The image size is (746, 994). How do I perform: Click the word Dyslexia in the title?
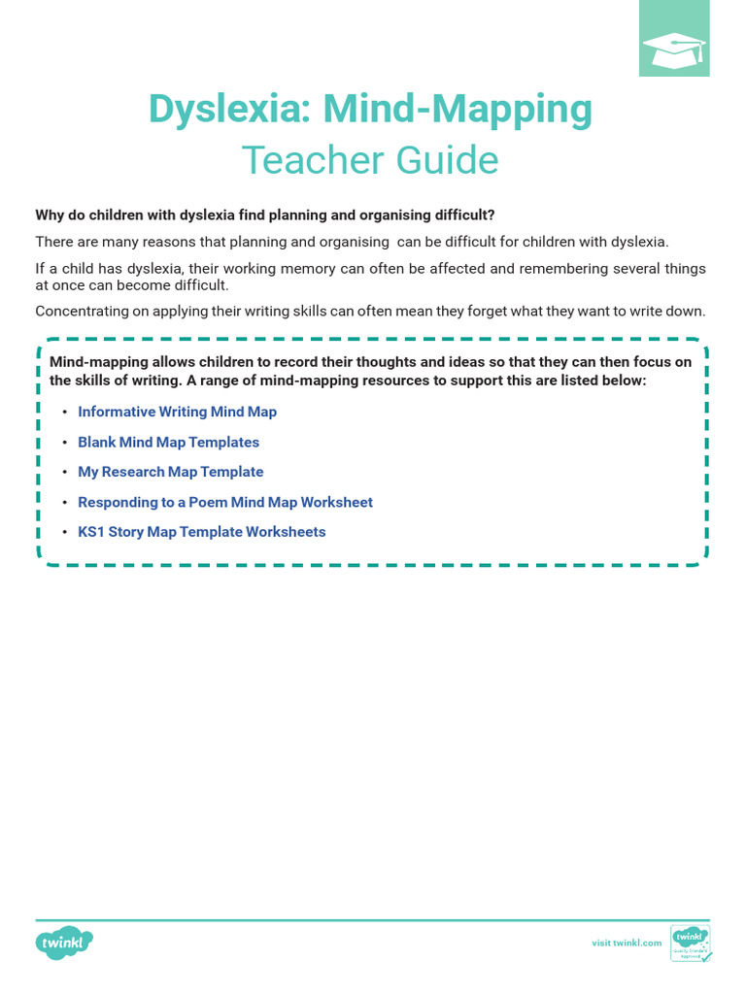tap(230, 110)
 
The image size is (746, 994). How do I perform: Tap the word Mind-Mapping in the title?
tap(458, 110)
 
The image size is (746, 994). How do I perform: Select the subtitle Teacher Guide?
tap(370, 160)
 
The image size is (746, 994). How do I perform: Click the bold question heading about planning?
tap(265, 215)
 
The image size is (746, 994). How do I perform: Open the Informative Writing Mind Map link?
tap(177, 412)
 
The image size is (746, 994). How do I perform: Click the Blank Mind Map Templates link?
tap(168, 442)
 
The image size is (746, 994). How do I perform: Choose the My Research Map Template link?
tap(170, 472)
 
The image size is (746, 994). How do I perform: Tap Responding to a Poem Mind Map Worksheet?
tap(224, 502)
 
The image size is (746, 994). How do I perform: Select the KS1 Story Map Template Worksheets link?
tap(201, 532)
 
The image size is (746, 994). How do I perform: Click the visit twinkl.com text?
tap(627, 943)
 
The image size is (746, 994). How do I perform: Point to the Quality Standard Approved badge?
tap(691, 943)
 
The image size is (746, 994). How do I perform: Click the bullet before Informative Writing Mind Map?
tap(64, 413)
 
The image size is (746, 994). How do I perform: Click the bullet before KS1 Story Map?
tap(64, 533)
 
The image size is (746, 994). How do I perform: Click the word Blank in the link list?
tap(96, 442)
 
